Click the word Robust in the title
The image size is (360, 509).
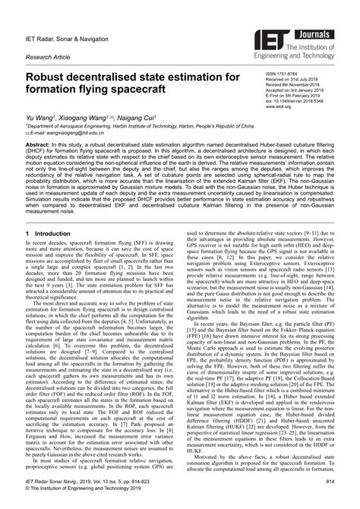click(55, 78)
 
